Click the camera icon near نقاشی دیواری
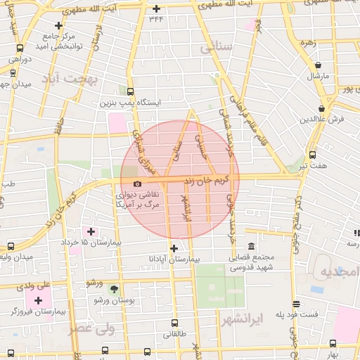tap(136, 184)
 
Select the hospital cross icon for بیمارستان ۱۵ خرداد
tap(91, 231)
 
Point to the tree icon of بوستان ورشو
tap(114, 289)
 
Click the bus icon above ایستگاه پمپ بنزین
tap(130, 91)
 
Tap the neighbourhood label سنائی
tap(216, 48)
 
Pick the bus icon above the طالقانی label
tap(175, 323)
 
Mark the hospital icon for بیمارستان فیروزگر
tap(38, 300)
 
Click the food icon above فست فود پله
tap(296, 304)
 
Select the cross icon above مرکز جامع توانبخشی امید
tap(58, 25)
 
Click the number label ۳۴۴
tap(157, 19)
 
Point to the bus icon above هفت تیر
tap(312, 155)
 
